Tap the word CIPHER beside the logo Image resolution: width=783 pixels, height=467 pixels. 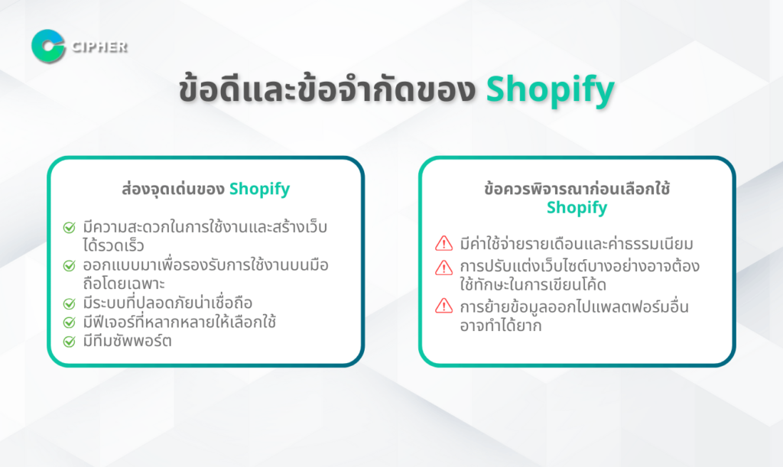pyautogui.click(x=100, y=47)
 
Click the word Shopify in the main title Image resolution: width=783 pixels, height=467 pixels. pyautogui.click(x=551, y=90)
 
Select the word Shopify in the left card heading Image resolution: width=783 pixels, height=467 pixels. pyautogui.click(x=260, y=190)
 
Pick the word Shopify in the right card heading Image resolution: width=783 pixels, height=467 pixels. pyautogui.click(x=577, y=208)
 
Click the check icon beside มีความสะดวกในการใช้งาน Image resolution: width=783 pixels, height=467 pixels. pyautogui.click(x=70, y=228)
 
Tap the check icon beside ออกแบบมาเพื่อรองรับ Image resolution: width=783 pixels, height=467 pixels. pyautogui.click(x=70, y=265)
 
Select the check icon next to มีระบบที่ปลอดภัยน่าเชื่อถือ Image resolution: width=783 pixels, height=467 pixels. pyautogui.click(x=70, y=303)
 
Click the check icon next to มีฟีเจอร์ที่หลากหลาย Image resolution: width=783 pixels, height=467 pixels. pyautogui.click(x=70, y=323)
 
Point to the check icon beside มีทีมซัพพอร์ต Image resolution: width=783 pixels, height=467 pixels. pyautogui.click(x=70, y=341)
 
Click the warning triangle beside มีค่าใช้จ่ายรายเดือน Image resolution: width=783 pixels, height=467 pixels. pyautogui.click(x=444, y=244)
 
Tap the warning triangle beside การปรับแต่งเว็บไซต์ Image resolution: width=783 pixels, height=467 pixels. pyautogui.click(x=444, y=268)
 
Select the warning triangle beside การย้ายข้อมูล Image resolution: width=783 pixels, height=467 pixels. pyautogui.click(x=444, y=306)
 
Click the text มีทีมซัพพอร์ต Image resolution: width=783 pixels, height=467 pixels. pyautogui.click(x=128, y=341)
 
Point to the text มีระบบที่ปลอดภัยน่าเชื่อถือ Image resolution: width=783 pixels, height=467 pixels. pyautogui.click(x=167, y=303)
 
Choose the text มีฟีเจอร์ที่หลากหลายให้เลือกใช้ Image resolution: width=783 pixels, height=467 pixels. pyautogui.click(x=180, y=322)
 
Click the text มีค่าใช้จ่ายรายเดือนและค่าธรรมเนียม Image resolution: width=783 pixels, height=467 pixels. pyautogui.click(x=577, y=244)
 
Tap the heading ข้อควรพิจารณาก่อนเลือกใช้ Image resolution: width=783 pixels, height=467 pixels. pyautogui.click(x=577, y=189)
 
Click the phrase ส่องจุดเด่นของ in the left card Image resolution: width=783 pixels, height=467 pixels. pyautogui.click(x=173, y=189)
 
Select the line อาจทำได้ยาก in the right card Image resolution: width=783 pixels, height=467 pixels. pyautogui.click(x=501, y=326)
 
